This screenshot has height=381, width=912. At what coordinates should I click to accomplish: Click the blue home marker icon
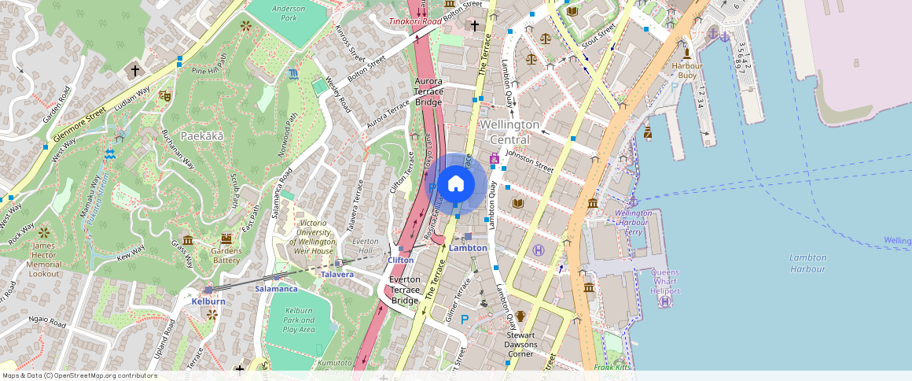(455, 184)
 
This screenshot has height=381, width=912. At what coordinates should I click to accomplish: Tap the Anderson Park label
(288, 13)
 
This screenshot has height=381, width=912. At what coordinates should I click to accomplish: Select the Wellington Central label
(509, 132)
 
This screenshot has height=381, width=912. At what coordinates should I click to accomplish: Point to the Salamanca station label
(276, 289)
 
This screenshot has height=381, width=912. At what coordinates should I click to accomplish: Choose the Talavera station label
(337, 274)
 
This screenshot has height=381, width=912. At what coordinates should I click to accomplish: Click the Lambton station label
(468, 248)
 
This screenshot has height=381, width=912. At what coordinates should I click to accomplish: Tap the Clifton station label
(400, 260)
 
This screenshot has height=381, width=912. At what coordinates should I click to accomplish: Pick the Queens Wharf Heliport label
(665, 282)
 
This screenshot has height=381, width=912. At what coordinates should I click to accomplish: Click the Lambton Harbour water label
(808, 263)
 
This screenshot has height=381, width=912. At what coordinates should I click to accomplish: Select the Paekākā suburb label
(203, 135)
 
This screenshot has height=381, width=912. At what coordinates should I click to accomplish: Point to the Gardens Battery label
(226, 255)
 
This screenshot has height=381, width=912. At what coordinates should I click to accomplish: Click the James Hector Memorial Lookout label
(44, 259)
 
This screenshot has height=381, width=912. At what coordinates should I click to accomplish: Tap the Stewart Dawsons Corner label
(520, 344)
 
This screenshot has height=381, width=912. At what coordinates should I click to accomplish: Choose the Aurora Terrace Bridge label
(428, 91)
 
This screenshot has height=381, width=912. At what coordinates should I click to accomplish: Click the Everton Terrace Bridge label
(405, 290)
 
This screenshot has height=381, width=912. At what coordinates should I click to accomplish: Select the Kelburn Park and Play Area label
(299, 320)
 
